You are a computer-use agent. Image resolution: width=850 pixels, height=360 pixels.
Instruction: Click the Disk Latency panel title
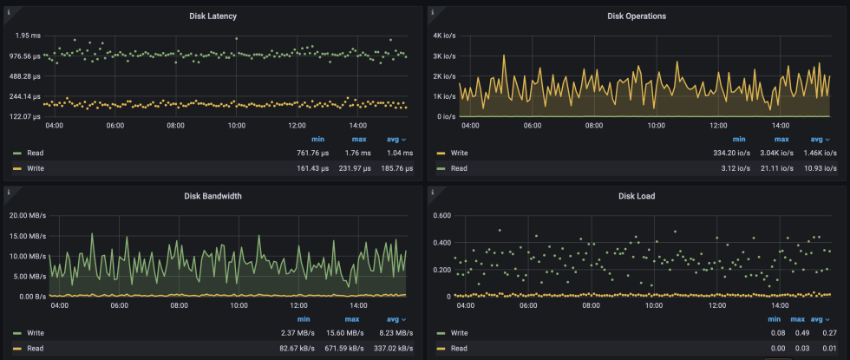212,16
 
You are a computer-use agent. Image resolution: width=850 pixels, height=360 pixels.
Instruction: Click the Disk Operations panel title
637,16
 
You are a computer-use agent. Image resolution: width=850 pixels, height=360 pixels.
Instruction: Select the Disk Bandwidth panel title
212,196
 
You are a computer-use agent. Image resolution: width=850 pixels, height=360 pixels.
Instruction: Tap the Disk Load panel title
637,196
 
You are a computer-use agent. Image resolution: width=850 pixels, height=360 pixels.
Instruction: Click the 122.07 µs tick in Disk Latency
23,116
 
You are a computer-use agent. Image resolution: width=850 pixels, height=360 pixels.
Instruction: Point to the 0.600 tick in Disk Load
441,216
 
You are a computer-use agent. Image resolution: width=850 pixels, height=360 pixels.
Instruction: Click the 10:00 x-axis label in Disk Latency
237,126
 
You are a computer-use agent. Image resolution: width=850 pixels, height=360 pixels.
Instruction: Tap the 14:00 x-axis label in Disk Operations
780,126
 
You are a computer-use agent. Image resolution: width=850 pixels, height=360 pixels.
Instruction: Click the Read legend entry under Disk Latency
35,153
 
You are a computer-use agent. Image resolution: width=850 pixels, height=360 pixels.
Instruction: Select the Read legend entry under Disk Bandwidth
35,349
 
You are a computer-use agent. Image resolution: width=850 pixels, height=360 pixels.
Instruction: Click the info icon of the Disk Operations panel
433,10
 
